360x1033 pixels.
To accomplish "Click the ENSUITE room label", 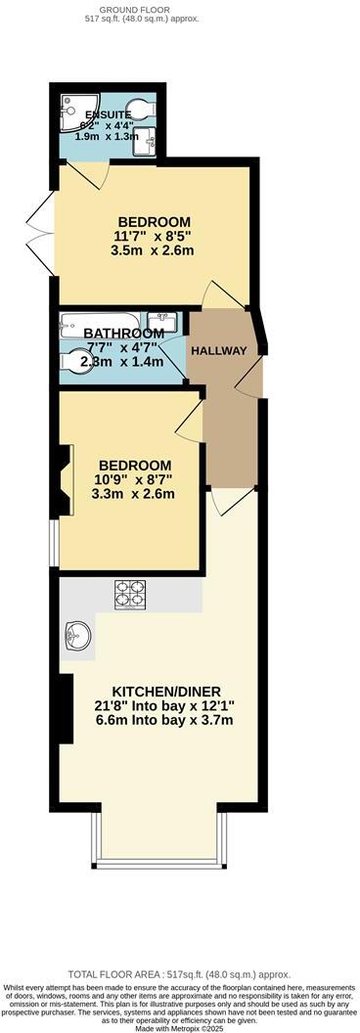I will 108,114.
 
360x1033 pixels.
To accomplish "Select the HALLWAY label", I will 218,351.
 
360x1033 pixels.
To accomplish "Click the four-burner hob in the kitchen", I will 129,593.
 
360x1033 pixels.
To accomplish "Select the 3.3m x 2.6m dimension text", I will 133,494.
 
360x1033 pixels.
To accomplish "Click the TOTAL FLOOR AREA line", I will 179,974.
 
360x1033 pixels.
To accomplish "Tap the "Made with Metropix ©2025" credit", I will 180,1023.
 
